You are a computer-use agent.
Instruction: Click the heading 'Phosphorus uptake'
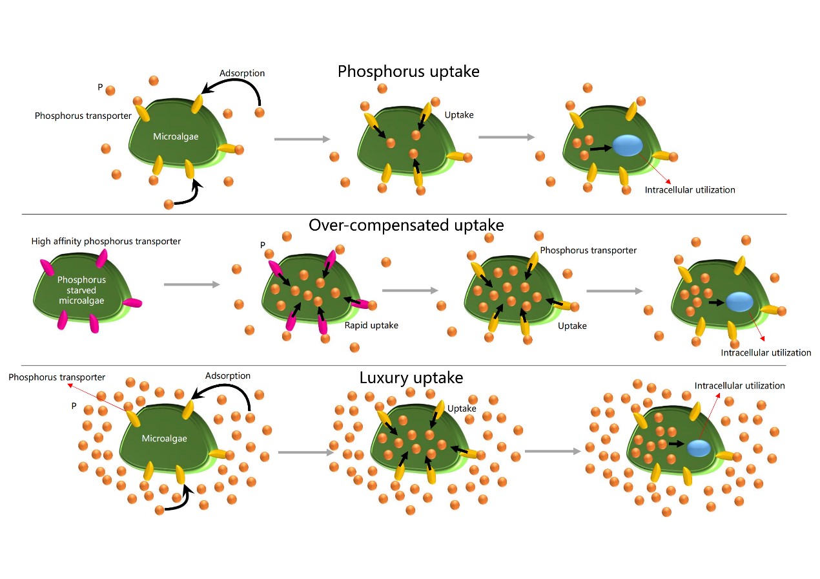pos(408,71)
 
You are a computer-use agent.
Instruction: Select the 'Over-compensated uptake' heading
pos(406,225)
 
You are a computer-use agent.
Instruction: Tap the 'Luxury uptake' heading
pos(411,378)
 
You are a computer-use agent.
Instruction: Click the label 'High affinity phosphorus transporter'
pos(106,242)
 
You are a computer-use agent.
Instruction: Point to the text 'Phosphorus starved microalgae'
pos(81,291)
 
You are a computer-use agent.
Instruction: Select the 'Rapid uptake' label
pos(371,325)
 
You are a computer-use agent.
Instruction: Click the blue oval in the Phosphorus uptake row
pos(627,146)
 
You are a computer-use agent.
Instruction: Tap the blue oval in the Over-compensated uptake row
pos(739,302)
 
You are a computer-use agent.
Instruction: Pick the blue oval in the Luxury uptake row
pos(698,447)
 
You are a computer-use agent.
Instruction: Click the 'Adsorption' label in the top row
pos(242,73)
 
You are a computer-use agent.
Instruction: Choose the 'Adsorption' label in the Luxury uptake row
pos(227,375)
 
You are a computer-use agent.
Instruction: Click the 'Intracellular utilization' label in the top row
pos(690,190)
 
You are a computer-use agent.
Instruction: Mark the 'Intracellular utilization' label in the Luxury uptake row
pos(739,386)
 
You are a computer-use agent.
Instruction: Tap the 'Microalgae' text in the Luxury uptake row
pos(164,438)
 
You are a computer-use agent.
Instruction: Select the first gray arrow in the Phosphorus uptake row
pos(302,138)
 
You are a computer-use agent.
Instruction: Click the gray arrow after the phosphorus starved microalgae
pos(192,284)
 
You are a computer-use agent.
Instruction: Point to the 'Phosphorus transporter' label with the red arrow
pos(57,377)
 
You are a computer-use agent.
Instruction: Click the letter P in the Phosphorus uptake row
pos(100,86)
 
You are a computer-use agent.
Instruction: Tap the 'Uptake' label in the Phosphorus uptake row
pos(459,115)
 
